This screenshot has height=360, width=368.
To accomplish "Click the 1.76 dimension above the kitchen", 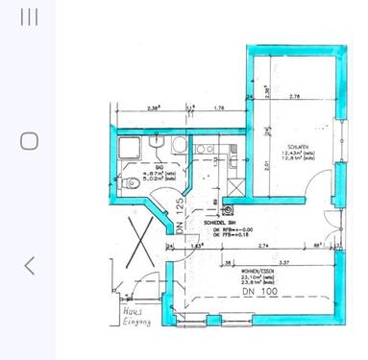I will pos(219,108).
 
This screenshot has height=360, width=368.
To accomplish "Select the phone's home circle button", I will pos(30,141).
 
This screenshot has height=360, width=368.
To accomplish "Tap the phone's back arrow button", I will pos(30,265).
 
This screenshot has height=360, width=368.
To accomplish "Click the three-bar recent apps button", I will pos(30,17).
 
